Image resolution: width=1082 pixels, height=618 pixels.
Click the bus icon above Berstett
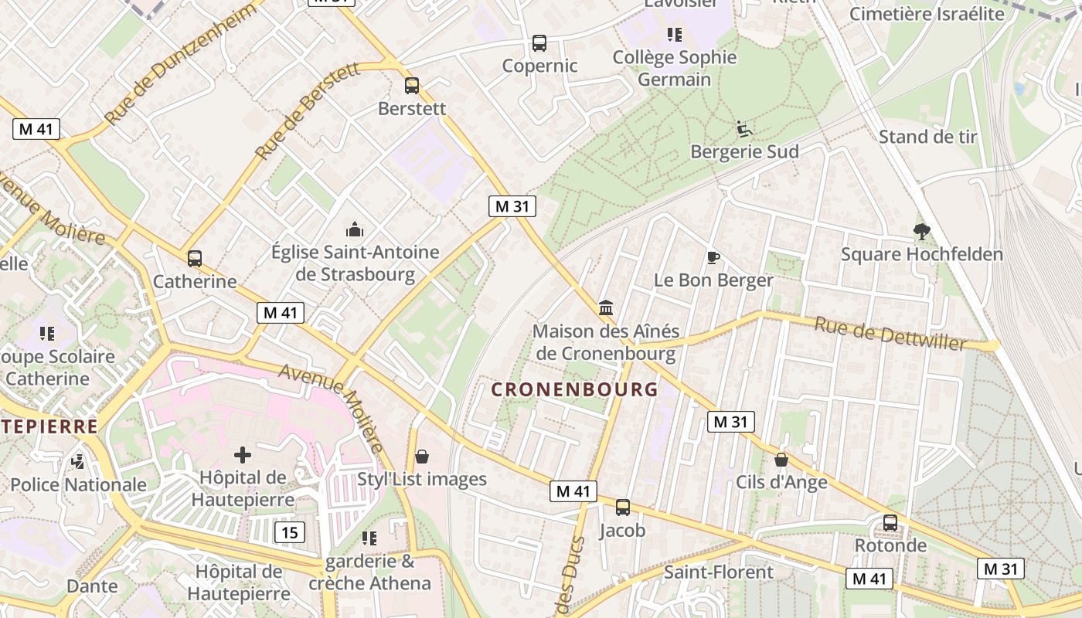coord(412,86)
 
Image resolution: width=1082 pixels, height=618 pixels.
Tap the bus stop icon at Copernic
coord(539,43)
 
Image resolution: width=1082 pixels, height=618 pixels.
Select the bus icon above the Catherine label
coord(195,259)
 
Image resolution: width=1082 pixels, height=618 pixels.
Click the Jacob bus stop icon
coord(622,508)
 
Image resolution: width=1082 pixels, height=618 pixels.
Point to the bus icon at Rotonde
coord(890,523)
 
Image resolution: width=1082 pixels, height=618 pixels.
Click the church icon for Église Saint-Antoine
coord(355,229)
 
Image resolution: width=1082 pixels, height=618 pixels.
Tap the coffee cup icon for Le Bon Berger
coord(713,257)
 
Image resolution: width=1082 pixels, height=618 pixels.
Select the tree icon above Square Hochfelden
coord(921,230)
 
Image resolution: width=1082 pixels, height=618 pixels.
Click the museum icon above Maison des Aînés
coord(606,308)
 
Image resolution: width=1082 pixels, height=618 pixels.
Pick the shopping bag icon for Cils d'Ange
coord(781,460)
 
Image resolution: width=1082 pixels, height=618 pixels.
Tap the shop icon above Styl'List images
coord(422,457)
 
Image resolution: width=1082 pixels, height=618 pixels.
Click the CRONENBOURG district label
coord(574,389)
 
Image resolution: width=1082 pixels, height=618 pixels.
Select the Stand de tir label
coord(927,137)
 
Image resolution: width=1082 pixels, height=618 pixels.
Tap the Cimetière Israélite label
coord(927,14)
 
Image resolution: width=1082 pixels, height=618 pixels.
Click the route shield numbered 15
coord(289,531)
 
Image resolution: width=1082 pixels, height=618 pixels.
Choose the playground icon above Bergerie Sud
coord(744,128)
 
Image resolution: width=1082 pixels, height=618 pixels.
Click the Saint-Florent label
coord(718,572)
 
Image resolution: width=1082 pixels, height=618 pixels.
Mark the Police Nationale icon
coord(77,462)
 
